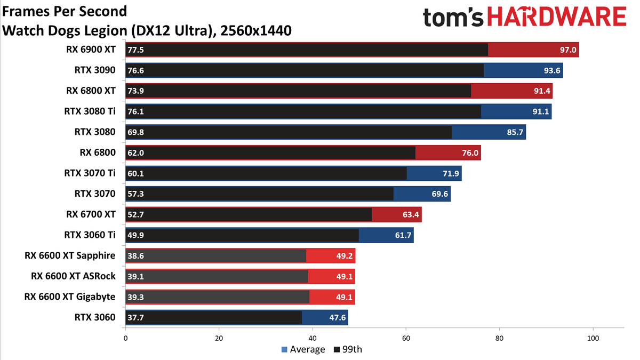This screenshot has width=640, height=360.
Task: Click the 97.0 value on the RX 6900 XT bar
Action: (568, 50)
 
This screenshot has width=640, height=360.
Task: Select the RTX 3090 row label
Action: (95, 70)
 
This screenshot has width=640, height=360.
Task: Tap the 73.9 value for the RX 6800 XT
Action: (135, 91)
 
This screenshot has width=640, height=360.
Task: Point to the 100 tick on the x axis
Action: (593, 338)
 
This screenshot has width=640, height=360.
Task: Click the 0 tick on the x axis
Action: (125, 338)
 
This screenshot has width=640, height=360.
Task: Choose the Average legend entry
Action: (303, 349)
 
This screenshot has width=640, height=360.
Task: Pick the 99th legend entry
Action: (348, 349)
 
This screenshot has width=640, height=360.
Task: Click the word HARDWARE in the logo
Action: (557, 17)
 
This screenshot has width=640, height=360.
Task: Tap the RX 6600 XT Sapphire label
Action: (70, 255)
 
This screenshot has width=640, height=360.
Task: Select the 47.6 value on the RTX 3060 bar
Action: (338, 317)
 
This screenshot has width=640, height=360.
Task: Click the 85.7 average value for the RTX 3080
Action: (515, 132)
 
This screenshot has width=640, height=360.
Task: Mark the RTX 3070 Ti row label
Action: (90, 173)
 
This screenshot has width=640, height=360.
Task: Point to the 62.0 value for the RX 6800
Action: (135, 153)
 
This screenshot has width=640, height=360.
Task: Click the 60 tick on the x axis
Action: (406, 338)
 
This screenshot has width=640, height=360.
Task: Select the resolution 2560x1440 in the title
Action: (256, 30)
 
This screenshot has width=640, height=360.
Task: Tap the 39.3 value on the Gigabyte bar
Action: (135, 297)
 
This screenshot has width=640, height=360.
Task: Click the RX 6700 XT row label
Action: (91, 214)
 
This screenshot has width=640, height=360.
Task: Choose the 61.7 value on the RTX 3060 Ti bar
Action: (403, 235)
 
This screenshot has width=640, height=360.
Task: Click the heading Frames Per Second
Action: (65, 12)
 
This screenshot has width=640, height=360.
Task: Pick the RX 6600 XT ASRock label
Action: (73, 276)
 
